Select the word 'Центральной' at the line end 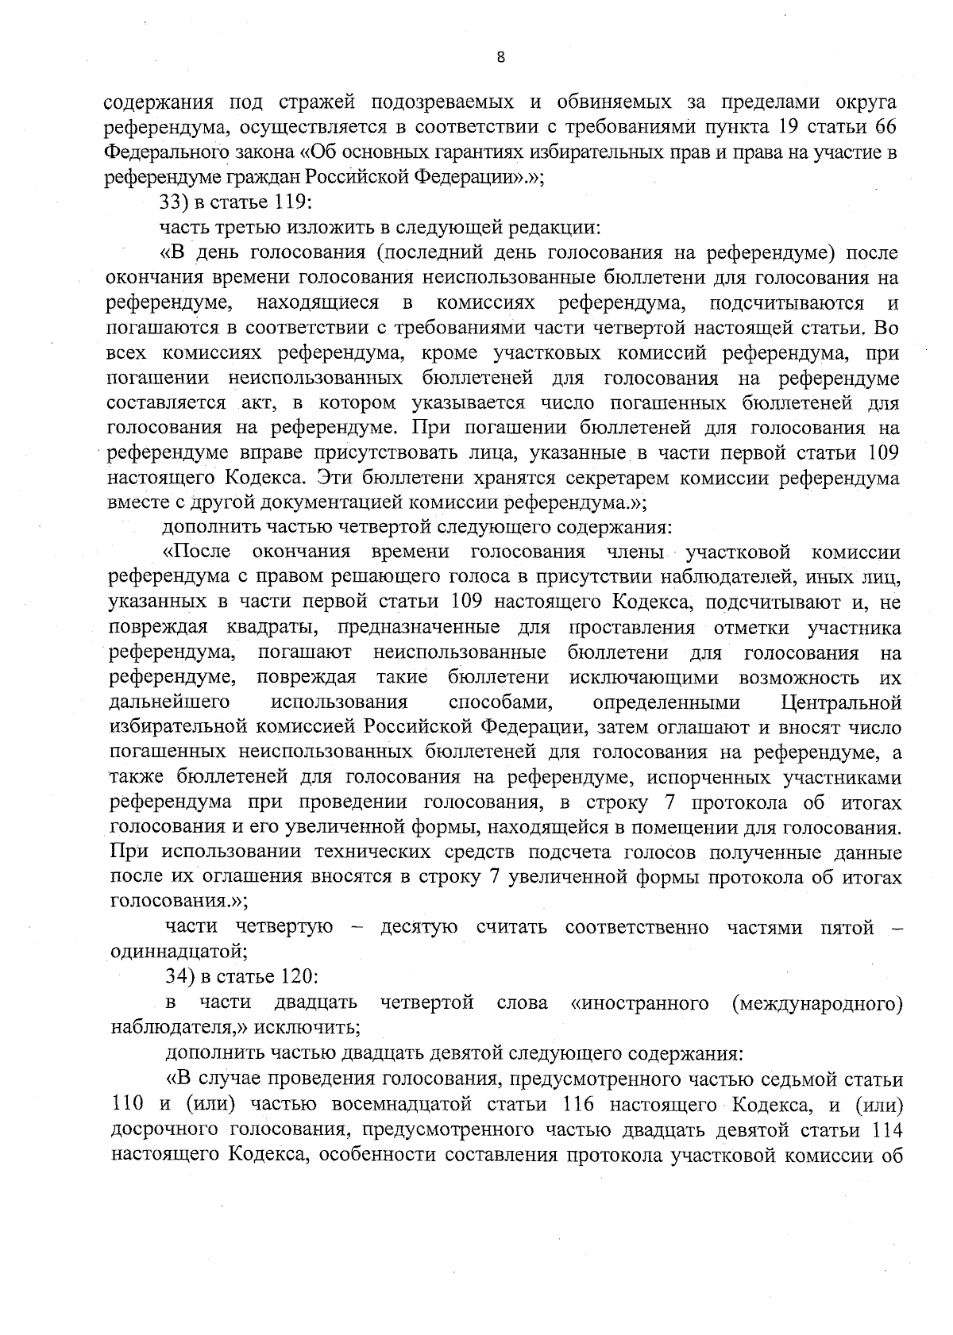(x=841, y=702)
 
